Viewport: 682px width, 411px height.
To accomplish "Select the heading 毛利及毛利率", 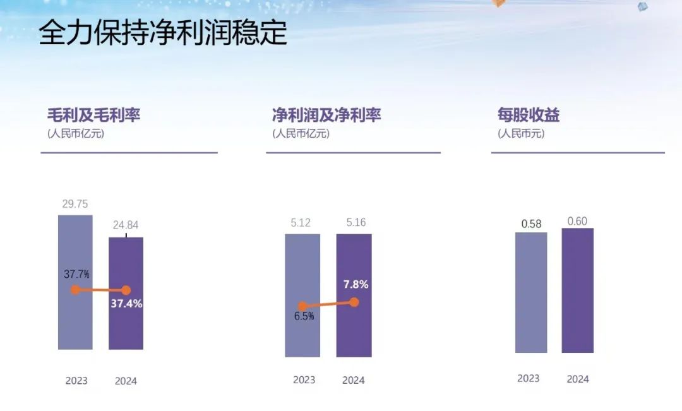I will (x=93, y=115).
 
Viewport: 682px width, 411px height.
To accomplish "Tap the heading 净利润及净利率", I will (x=326, y=115).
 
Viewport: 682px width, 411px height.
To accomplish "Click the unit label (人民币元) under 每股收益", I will (x=521, y=134).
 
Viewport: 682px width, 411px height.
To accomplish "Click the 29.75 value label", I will (x=75, y=203).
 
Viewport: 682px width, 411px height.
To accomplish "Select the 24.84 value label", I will (x=126, y=225).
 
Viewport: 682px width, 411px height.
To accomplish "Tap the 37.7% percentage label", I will (x=76, y=275).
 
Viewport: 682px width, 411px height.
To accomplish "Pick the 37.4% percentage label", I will (x=126, y=304).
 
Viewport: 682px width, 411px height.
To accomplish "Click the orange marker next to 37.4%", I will (x=126, y=290).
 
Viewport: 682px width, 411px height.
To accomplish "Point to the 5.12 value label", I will (x=302, y=223).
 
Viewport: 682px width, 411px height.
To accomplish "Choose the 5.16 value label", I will (x=354, y=223).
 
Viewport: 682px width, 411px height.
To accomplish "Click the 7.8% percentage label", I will (x=356, y=285).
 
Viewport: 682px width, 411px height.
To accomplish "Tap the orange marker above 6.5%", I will (x=302, y=306).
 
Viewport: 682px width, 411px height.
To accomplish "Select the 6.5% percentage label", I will (x=304, y=317).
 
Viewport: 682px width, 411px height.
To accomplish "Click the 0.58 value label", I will (x=531, y=224).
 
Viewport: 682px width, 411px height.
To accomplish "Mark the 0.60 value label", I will (x=577, y=221).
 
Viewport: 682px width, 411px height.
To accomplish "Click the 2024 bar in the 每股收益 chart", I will (x=577, y=290).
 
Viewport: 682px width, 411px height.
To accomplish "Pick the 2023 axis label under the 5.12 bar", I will (x=304, y=380).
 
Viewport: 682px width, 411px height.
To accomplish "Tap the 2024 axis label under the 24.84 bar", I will (x=126, y=381).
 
